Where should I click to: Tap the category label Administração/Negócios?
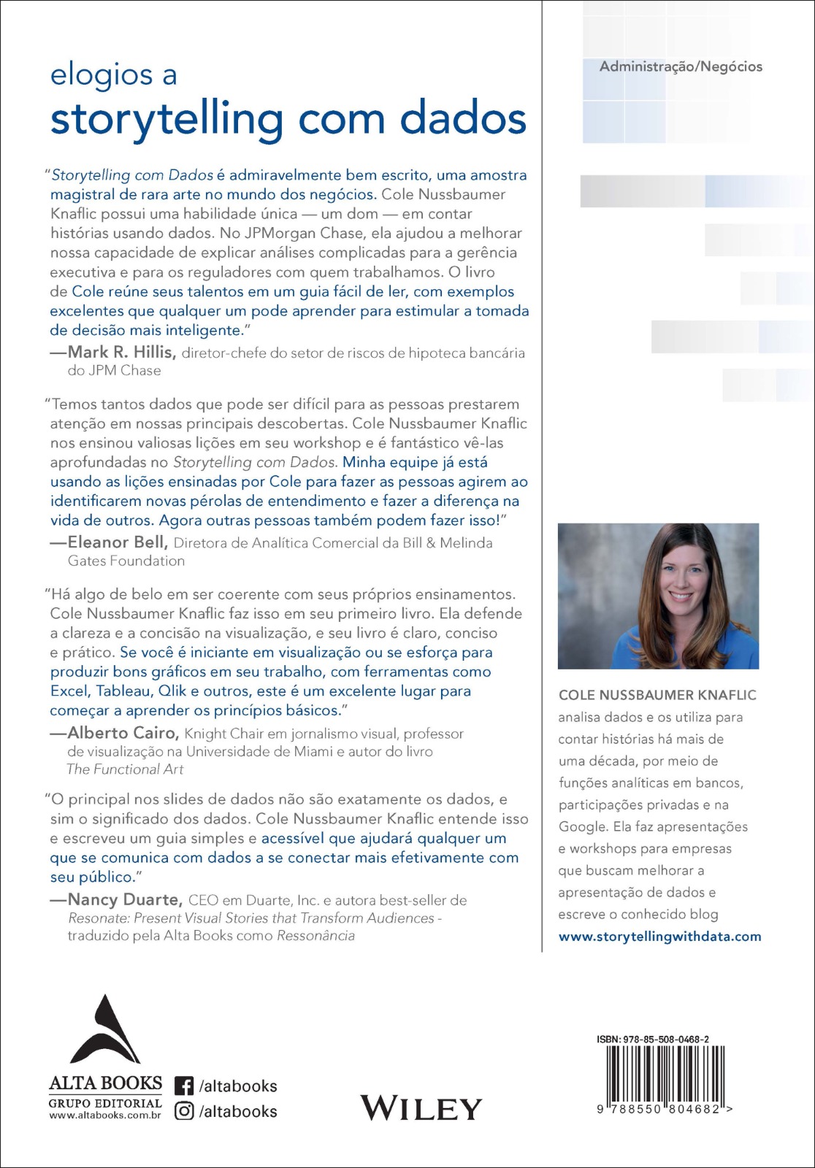(681, 66)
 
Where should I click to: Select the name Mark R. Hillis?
(121, 352)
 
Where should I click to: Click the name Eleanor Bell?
(118, 542)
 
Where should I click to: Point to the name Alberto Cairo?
(123, 733)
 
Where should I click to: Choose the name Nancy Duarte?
(124, 899)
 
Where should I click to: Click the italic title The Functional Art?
(125, 769)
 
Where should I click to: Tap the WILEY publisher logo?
(421, 1108)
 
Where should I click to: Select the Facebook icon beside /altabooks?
(184, 1086)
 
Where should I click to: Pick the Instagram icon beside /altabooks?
(184, 1111)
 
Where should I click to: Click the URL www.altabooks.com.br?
(105, 1115)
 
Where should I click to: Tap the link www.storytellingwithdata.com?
(659, 936)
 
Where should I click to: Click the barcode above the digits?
(665, 1073)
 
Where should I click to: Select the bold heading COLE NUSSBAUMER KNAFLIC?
(657, 695)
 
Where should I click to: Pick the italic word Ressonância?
(315, 935)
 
